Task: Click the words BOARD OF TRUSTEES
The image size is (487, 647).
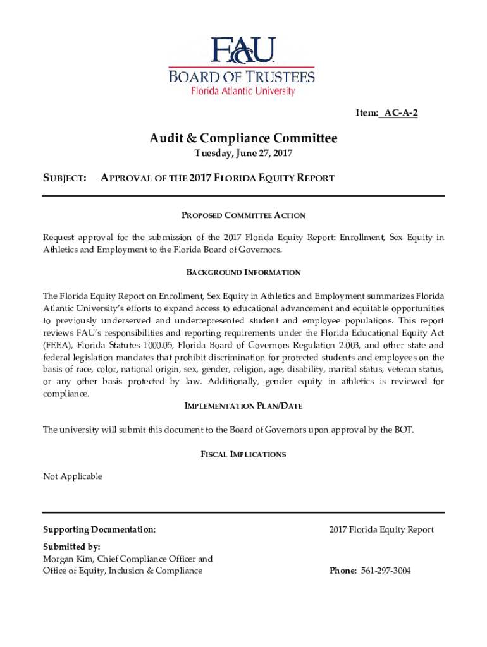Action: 241,77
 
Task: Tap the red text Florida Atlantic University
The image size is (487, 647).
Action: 244,91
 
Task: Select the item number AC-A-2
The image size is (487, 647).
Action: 401,113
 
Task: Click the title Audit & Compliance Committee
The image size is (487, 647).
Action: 244,138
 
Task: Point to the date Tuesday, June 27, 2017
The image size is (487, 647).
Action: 244,154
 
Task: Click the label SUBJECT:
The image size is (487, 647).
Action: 65,178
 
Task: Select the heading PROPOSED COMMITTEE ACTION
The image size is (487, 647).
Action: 244,215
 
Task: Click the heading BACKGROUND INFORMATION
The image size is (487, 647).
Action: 244,272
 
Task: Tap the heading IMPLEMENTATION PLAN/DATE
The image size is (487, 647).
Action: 244,406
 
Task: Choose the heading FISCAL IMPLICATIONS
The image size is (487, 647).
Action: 244,454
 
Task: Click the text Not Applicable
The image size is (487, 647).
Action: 72,476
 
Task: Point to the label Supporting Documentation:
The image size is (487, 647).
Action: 99,529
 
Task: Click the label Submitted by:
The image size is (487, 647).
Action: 71,547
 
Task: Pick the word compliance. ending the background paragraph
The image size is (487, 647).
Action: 66,393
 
